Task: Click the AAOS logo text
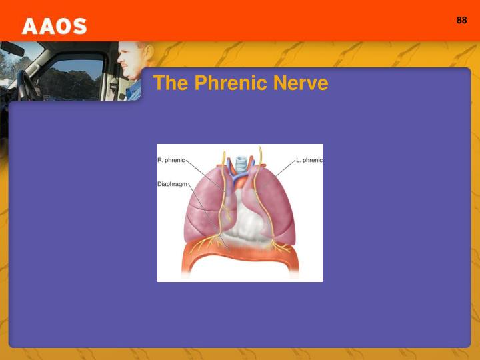[x=54, y=26]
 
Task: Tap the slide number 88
[x=461, y=20]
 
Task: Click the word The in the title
[x=167, y=83]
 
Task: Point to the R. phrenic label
[x=171, y=161]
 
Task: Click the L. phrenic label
[x=309, y=161]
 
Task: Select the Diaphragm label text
[x=173, y=183]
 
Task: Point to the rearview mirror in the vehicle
[x=13, y=49]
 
